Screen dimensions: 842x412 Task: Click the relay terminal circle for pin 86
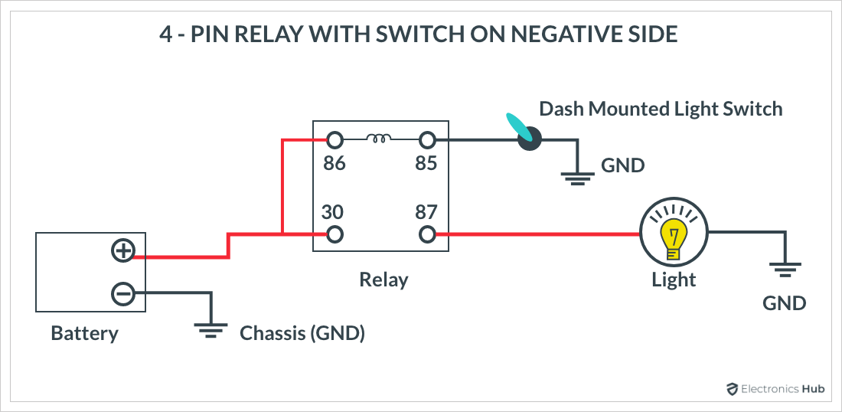335,141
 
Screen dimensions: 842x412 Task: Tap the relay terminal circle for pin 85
427,141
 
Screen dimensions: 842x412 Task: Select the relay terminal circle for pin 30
335,234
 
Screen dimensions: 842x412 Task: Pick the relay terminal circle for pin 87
427,234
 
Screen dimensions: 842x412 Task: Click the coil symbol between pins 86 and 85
379,139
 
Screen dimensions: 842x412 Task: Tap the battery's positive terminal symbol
123,251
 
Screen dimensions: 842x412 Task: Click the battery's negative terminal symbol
123,293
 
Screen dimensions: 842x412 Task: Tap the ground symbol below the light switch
577,178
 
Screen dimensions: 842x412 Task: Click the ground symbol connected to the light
785,269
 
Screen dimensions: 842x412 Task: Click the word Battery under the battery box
84,333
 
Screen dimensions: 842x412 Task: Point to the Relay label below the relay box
383,280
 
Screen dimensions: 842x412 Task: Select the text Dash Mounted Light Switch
661,109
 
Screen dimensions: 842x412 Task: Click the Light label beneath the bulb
674,280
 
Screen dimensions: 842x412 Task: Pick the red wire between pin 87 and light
537,234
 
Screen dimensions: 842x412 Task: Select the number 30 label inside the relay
332,213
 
